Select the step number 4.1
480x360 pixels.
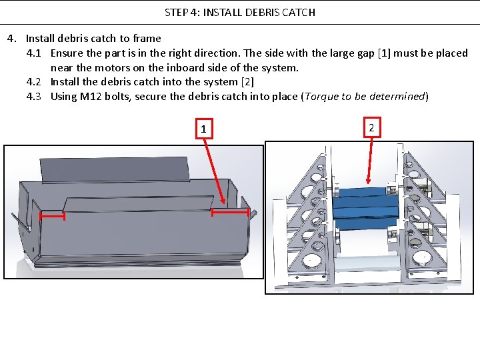point(35,53)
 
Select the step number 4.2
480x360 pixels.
point(35,82)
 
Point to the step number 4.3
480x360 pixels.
point(35,97)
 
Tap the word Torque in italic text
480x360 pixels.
point(321,97)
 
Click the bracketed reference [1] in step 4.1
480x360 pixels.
point(384,53)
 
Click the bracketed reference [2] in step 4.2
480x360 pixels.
point(248,82)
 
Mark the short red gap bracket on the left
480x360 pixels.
point(52,216)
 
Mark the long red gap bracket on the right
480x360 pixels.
point(231,212)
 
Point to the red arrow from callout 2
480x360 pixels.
point(371,160)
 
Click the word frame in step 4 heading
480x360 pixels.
point(147,38)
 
